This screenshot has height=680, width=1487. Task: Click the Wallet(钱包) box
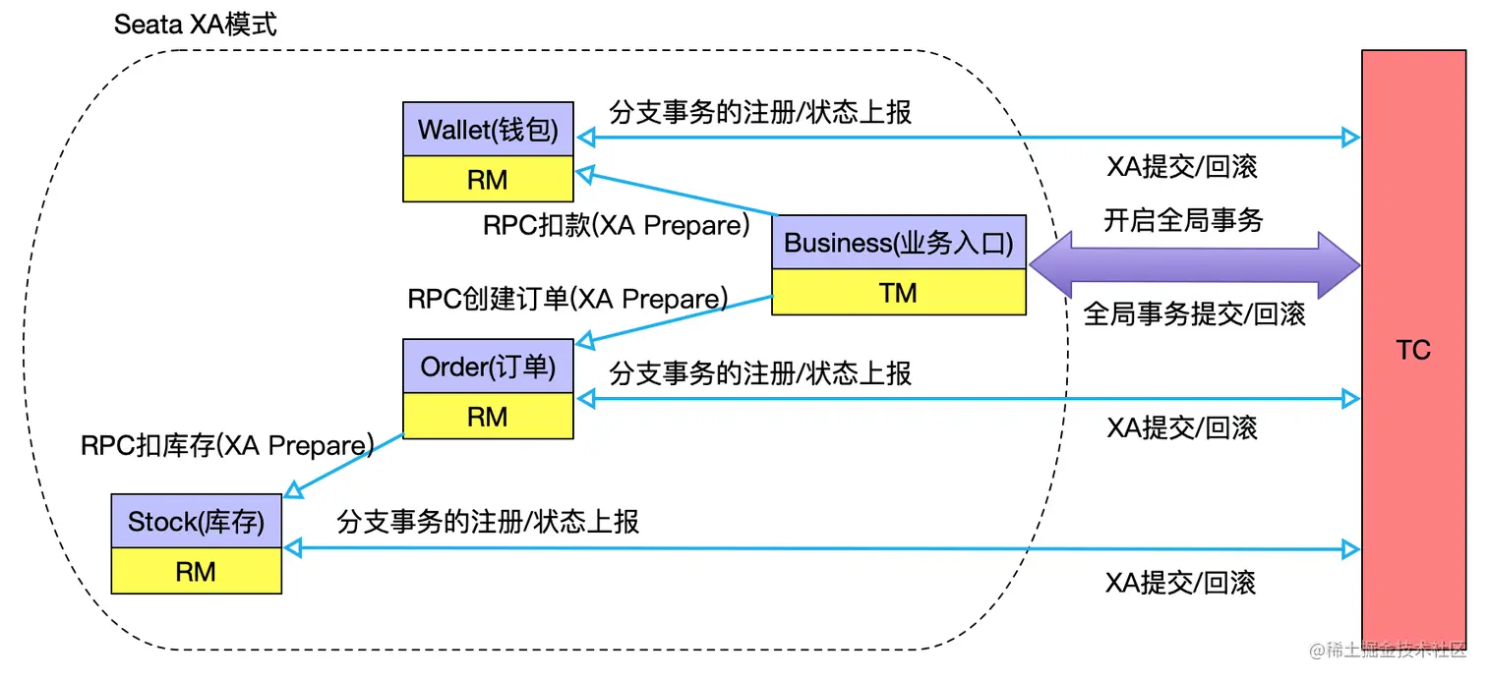pyautogui.click(x=488, y=130)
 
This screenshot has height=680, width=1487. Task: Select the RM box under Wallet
pyautogui.click(x=488, y=179)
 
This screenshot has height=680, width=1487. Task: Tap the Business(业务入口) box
pyautogui.click(x=898, y=243)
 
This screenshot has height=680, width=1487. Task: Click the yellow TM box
pyautogui.click(x=898, y=292)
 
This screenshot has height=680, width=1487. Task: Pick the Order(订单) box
pyautogui.click(x=488, y=367)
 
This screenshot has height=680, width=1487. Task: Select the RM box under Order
pyautogui.click(x=488, y=416)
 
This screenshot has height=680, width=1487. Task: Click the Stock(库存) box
pyautogui.click(x=197, y=522)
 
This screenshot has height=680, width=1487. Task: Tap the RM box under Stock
pyautogui.click(x=197, y=571)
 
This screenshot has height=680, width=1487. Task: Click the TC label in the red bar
pyautogui.click(x=1412, y=350)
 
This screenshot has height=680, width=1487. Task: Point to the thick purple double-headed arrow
pyautogui.click(x=1193, y=265)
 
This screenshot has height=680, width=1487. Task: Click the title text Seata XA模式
pyautogui.click(x=196, y=25)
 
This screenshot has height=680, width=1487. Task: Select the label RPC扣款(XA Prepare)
pyautogui.click(x=617, y=225)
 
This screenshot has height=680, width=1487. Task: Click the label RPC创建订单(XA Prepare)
pyautogui.click(x=567, y=298)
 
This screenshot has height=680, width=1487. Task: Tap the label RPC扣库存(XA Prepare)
pyautogui.click(x=227, y=445)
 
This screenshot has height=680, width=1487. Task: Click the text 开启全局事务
pyautogui.click(x=1182, y=220)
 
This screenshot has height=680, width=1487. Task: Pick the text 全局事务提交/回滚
pyautogui.click(x=1194, y=314)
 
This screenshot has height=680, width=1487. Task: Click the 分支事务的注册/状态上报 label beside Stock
pyautogui.click(x=488, y=521)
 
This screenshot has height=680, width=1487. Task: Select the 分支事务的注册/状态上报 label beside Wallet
pyautogui.click(x=760, y=112)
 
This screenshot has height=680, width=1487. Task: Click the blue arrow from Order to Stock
pyautogui.click(x=344, y=465)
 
